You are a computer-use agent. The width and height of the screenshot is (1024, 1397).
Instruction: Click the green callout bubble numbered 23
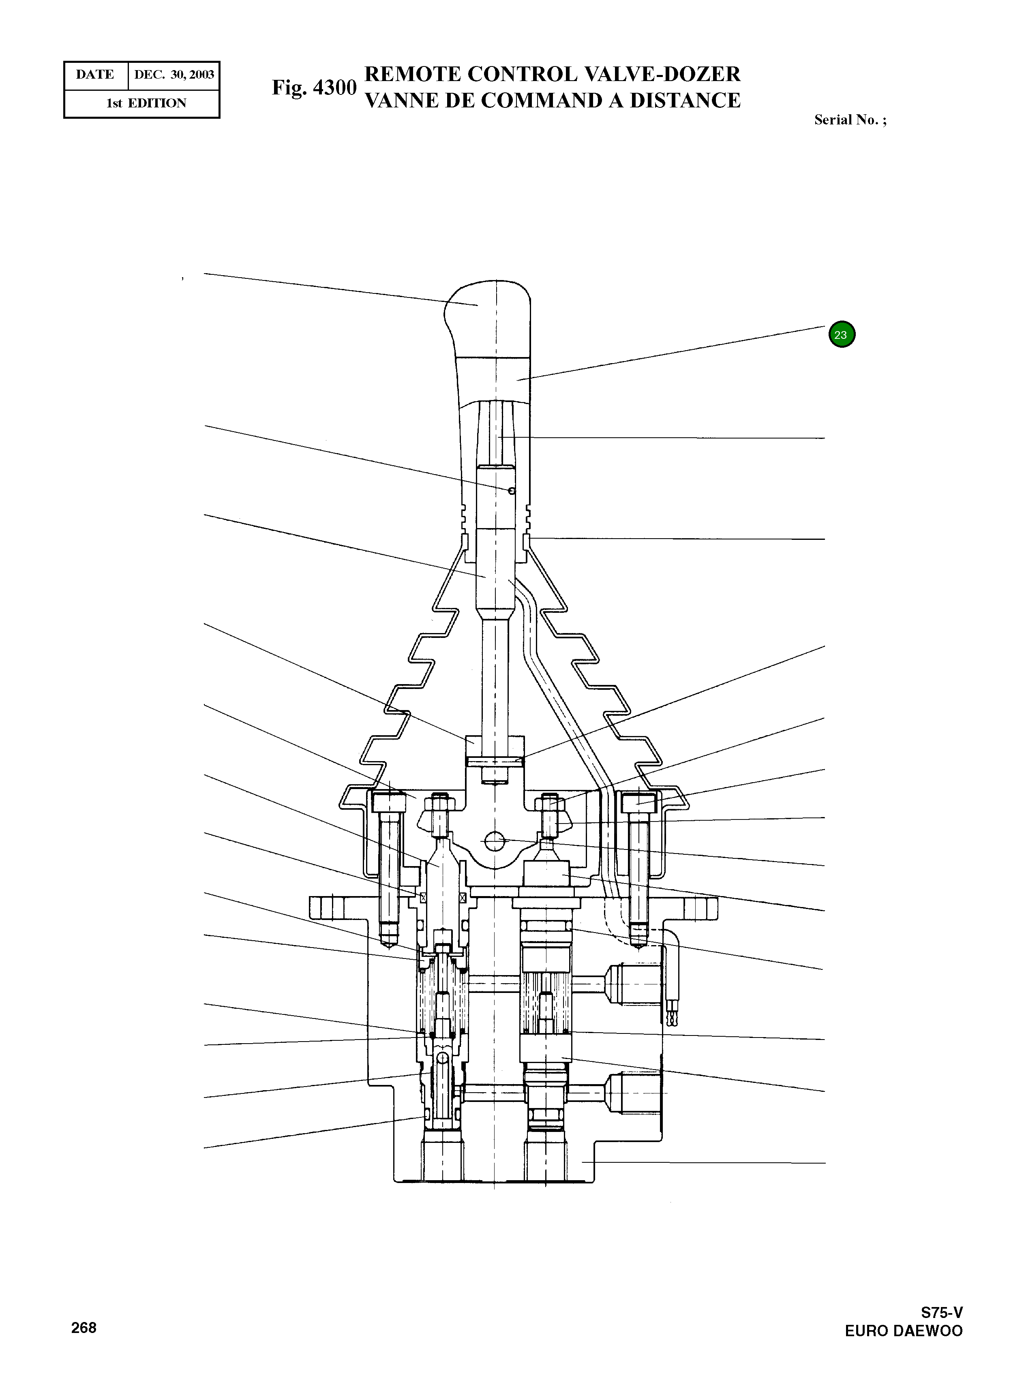841,334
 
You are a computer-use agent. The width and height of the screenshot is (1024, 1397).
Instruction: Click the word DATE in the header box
95,75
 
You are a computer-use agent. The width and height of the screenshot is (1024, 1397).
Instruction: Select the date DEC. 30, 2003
174,75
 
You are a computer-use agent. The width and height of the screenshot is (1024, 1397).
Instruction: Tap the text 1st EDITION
146,103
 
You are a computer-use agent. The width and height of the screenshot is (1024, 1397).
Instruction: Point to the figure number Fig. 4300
314,88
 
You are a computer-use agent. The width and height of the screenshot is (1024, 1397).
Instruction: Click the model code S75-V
942,1313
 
